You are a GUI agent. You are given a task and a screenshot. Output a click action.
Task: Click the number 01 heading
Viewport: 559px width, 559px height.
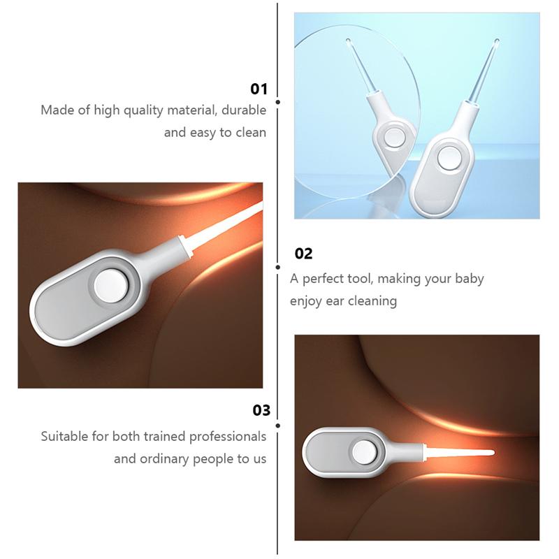259,89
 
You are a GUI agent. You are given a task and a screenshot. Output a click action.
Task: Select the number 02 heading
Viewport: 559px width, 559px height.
303,254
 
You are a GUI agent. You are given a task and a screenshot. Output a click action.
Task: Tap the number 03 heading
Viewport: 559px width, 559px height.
261,410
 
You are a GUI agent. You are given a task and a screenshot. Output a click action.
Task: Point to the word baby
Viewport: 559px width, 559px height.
467,278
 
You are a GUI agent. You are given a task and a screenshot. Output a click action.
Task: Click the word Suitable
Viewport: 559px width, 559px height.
64,437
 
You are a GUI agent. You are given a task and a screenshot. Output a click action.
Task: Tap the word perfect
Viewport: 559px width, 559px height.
324,278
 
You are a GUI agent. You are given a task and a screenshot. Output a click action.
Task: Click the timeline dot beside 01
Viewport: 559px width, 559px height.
278,102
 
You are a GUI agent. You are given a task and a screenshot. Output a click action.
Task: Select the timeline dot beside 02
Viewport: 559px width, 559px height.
278,266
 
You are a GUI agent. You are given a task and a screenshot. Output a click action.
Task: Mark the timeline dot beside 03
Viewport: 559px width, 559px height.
278,424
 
